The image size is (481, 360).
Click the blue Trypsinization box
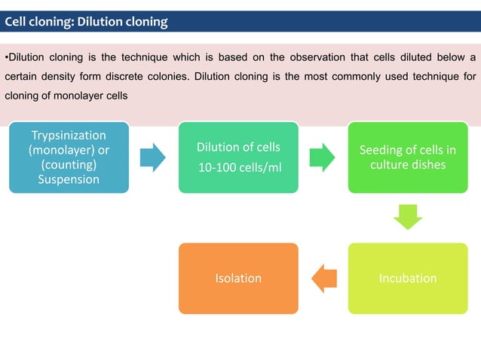click(x=69, y=157)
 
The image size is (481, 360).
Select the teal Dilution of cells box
click(x=238, y=157)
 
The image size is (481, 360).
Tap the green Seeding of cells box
click(x=408, y=157)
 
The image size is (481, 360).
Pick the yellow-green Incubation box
click(x=408, y=278)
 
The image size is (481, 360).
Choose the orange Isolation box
click(x=238, y=278)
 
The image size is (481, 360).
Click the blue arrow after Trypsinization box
click(x=153, y=157)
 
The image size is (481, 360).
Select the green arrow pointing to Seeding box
click(x=323, y=157)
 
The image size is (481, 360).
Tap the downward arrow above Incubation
click(x=408, y=218)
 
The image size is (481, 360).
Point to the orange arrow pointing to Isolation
click(x=323, y=278)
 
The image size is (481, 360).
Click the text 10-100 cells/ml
click(x=238, y=166)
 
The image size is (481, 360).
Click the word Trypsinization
click(x=69, y=136)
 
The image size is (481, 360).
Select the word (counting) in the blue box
click(x=69, y=165)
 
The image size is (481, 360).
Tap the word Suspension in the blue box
click(x=69, y=179)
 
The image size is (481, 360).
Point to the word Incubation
click(x=408, y=278)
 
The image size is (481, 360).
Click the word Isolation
click(x=238, y=278)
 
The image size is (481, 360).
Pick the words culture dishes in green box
click(x=408, y=165)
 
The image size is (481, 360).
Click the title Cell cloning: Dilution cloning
click(x=87, y=22)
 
